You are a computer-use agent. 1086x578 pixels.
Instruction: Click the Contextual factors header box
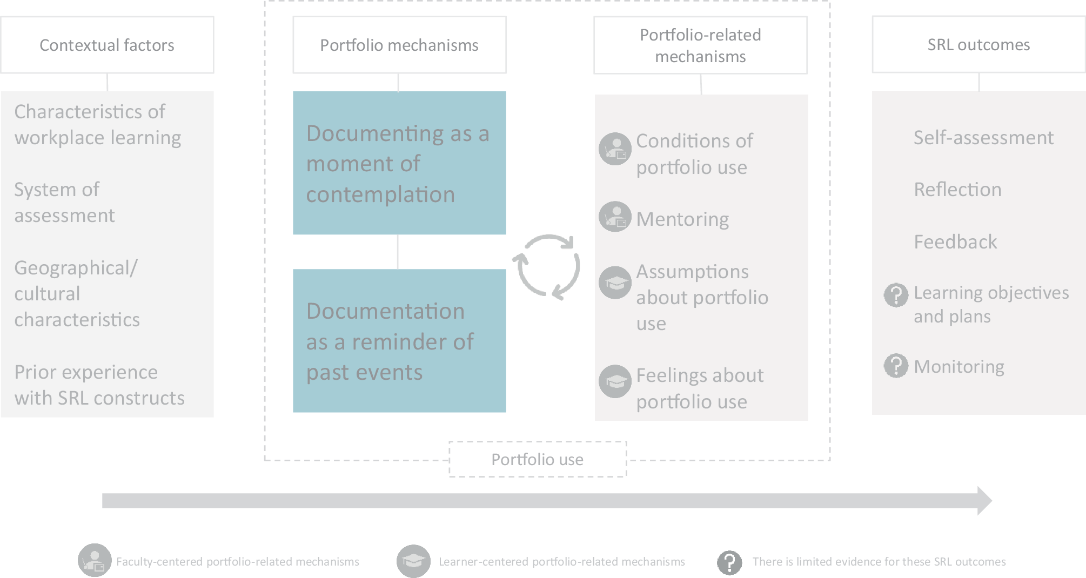pos(107,45)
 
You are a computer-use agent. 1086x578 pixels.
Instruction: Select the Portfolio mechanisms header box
pos(399,45)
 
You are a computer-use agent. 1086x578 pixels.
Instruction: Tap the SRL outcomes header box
pos(978,44)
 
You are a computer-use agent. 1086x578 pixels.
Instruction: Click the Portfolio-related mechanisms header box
pos(700,45)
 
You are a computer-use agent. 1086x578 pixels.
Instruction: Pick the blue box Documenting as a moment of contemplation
pos(399,163)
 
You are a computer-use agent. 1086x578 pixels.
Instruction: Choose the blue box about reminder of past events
pos(399,341)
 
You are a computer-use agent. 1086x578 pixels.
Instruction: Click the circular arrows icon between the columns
pos(546,266)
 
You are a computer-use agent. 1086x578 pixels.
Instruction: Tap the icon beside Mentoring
pos(615,217)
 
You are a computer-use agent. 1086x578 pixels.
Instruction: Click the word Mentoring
pos(682,219)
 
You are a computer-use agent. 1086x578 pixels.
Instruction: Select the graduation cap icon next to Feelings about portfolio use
pos(615,381)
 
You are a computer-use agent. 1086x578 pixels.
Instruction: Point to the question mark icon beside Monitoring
pos(896,366)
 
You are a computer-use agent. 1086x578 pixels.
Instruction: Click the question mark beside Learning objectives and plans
pos(896,295)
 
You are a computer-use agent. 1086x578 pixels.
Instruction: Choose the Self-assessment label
pos(983,138)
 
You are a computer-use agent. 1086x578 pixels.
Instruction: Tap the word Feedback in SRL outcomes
pos(955,242)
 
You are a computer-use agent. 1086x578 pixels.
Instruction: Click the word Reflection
pos(957,190)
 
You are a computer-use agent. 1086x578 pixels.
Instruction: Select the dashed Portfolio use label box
pos(538,459)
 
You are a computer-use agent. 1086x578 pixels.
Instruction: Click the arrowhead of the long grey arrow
pos(984,501)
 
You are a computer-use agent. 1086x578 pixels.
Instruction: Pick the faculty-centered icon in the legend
pos(95,560)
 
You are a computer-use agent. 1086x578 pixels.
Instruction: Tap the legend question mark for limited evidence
pos(729,562)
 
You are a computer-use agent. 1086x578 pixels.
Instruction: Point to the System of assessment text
pos(64,203)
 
